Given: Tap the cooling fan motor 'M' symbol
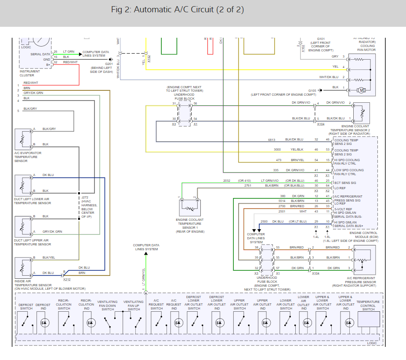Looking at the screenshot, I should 362,90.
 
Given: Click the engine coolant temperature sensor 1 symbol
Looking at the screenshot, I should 189,205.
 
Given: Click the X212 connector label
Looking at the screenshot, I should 67,279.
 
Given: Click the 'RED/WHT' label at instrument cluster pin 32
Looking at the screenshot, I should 70,62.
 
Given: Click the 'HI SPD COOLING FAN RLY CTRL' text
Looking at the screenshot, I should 348,162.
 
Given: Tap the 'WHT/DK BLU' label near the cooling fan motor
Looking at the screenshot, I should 328,77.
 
